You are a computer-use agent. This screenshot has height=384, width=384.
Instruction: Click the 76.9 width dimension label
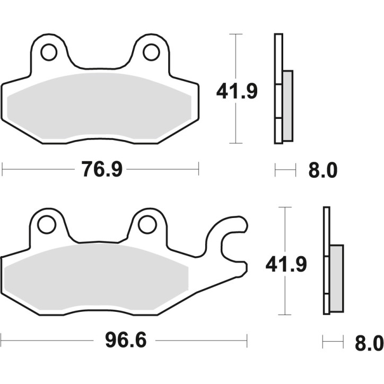pyautogui.click(x=102, y=170)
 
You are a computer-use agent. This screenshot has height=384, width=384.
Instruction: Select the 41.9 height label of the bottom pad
pyautogui.click(x=286, y=264)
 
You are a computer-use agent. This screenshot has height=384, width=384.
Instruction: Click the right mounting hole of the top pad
pyautogui.click(x=151, y=51)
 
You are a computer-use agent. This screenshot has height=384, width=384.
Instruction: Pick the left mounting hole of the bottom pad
pyautogui.click(x=47, y=224)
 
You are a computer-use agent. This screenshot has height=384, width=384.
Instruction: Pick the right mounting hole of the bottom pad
pyautogui.click(x=147, y=225)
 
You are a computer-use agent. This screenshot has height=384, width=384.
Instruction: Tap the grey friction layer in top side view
pyautogui.click(x=287, y=106)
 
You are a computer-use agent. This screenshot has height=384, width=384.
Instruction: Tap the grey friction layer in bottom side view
pyautogui.click(x=336, y=278)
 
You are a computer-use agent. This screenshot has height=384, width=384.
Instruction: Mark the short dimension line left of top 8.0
pyautogui.click(x=285, y=170)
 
